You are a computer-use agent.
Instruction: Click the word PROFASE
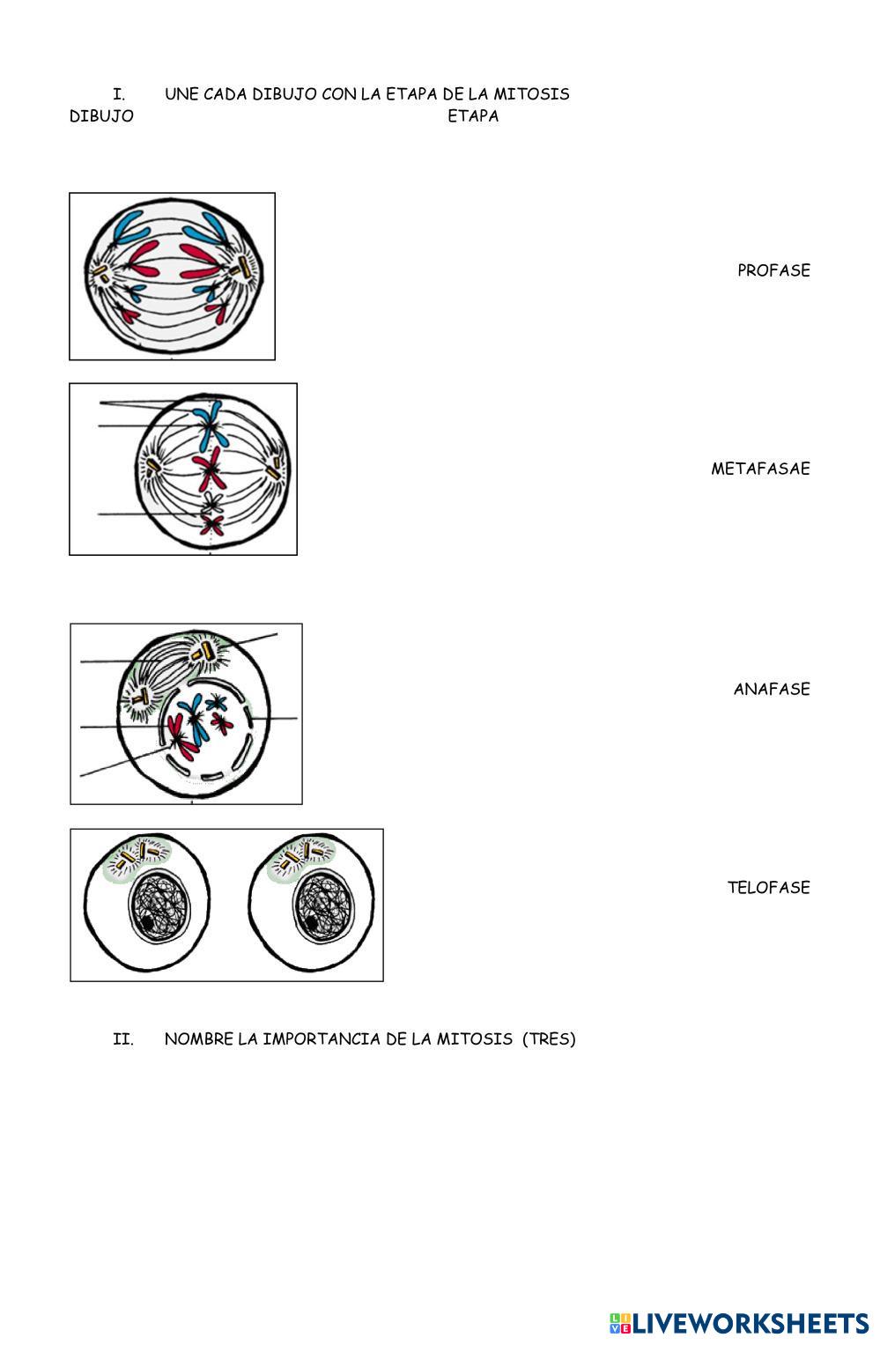coord(773,270)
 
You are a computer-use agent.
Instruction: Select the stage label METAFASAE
coord(760,469)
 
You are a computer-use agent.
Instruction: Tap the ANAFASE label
coord(772,689)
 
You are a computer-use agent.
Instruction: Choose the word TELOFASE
coord(768,888)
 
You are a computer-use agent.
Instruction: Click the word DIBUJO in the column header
coord(101,116)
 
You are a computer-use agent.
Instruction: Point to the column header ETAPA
coord(473,116)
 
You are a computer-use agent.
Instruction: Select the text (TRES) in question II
coord(549,1038)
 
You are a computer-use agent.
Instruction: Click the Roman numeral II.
coord(123,1039)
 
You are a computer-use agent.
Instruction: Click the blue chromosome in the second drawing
coord(209,424)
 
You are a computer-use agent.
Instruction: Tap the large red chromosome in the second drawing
coord(210,468)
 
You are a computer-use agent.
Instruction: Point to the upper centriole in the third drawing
coord(206,651)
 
